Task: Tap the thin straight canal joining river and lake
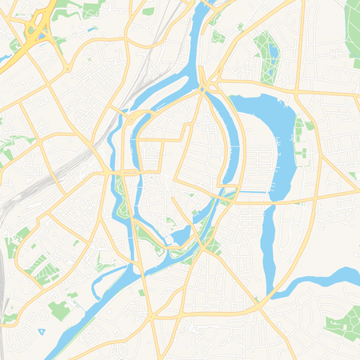(x=254, y=192)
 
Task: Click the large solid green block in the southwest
(x=58, y=310)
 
